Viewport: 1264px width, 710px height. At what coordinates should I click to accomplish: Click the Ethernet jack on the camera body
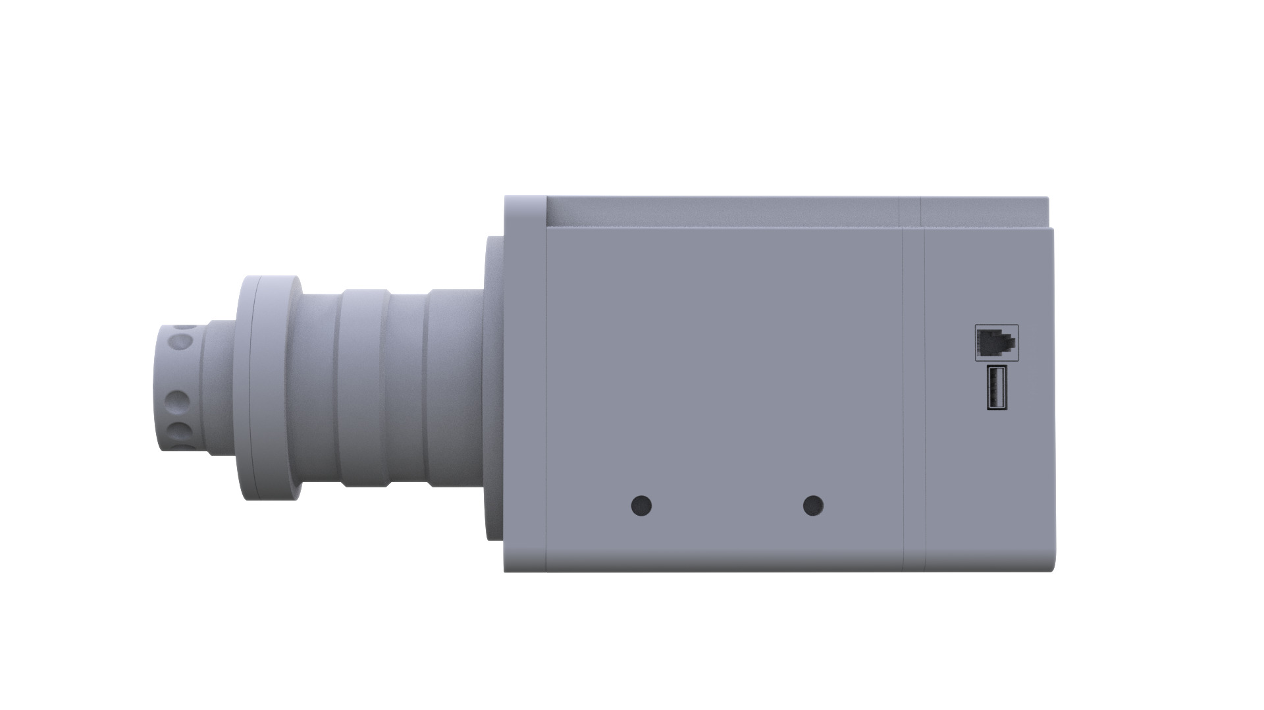(996, 342)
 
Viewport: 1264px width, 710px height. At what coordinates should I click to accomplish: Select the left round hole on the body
(641, 506)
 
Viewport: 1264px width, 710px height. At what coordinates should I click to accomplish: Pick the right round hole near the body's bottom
(814, 506)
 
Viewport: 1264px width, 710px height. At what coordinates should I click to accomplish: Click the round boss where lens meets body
(494, 389)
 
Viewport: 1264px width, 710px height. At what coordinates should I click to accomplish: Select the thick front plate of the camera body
(525, 382)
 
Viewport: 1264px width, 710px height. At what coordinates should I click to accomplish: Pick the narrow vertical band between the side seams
(913, 395)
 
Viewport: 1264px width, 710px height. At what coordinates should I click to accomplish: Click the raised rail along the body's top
(724, 211)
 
